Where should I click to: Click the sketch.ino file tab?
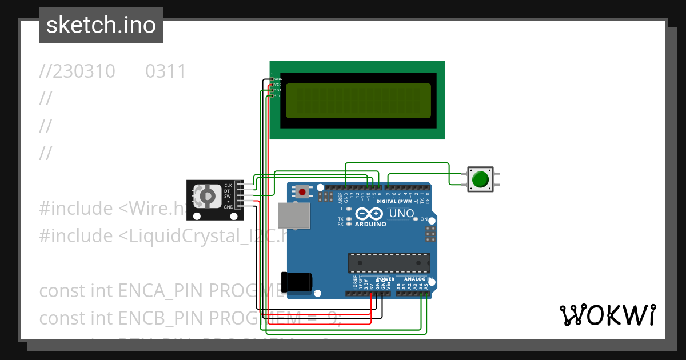[x=101, y=25]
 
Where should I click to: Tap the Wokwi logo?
[x=607, y=315]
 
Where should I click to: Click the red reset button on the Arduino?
[x=301, y=191]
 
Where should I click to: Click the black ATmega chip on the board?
[x=389, y=262]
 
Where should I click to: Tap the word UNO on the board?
[x=401, y=214]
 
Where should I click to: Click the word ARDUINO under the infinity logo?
[x=370, y=224]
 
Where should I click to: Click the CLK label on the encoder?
[x=228, y=185]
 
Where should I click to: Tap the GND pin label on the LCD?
[x=278, y=79]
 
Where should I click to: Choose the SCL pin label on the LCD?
[x=277, y=96]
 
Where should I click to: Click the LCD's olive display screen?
[x=358, y=101]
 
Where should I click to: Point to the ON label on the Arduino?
[x=424, y=219]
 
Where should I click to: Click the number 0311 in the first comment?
[x=166, y=71]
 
